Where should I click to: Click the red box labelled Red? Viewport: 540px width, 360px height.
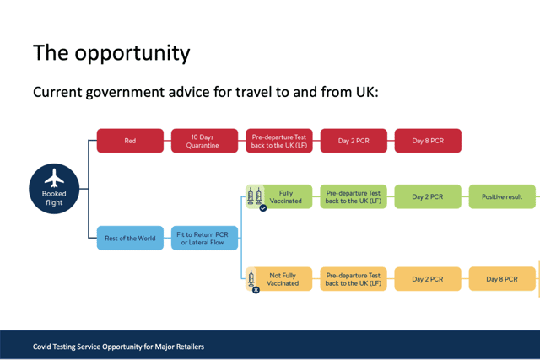[x=130, y=141]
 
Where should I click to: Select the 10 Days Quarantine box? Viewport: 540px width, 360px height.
[x=204, y=141]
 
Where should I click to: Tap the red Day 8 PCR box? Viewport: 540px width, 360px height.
[x=428, y=141]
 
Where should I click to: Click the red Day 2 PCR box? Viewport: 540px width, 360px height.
[x=354, y=141]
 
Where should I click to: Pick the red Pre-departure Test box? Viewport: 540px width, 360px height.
[x=279, y=141]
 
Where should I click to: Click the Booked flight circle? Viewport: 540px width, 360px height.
[x=54, y=189]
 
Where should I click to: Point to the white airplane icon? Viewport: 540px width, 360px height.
[x=54, y=178]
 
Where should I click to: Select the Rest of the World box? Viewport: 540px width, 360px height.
[x=130, y=238]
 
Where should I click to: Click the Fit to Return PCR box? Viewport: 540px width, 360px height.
[x=204, y=238]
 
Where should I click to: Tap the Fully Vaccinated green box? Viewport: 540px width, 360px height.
[x=279, y=196]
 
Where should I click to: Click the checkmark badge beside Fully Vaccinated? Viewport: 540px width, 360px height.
[x=263, y=208]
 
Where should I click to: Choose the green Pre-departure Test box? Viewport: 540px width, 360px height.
[x=354, y=196]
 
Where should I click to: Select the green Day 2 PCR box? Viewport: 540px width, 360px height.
[x=428, y=196]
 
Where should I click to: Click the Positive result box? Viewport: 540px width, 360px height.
[x=502, y=196]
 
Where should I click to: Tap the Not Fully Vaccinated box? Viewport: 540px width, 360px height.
[x=279, y=279]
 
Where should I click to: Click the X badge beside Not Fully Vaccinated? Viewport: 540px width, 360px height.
[x=256, y=290]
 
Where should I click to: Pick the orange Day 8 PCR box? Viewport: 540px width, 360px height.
[x=502, y=279]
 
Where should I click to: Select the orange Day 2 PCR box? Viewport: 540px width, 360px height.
[x=428, y=279]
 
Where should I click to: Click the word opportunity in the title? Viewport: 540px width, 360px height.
[x=132, y=54]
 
